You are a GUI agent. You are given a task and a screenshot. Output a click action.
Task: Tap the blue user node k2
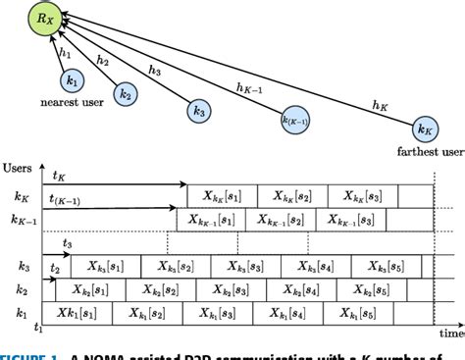(124, 94)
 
